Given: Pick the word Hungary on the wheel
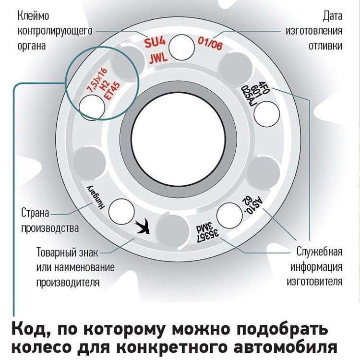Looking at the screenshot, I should pyautogui.click(x=95, y=196).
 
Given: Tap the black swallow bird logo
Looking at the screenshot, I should pyautogui.click(x=142, y=226).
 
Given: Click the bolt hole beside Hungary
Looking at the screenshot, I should pyautogui.click(x=121, y=210).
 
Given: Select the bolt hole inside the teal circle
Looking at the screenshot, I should pyautogui.click(x=90, y=106).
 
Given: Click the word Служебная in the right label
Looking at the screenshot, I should pyautogui.click(x=319, y=252).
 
